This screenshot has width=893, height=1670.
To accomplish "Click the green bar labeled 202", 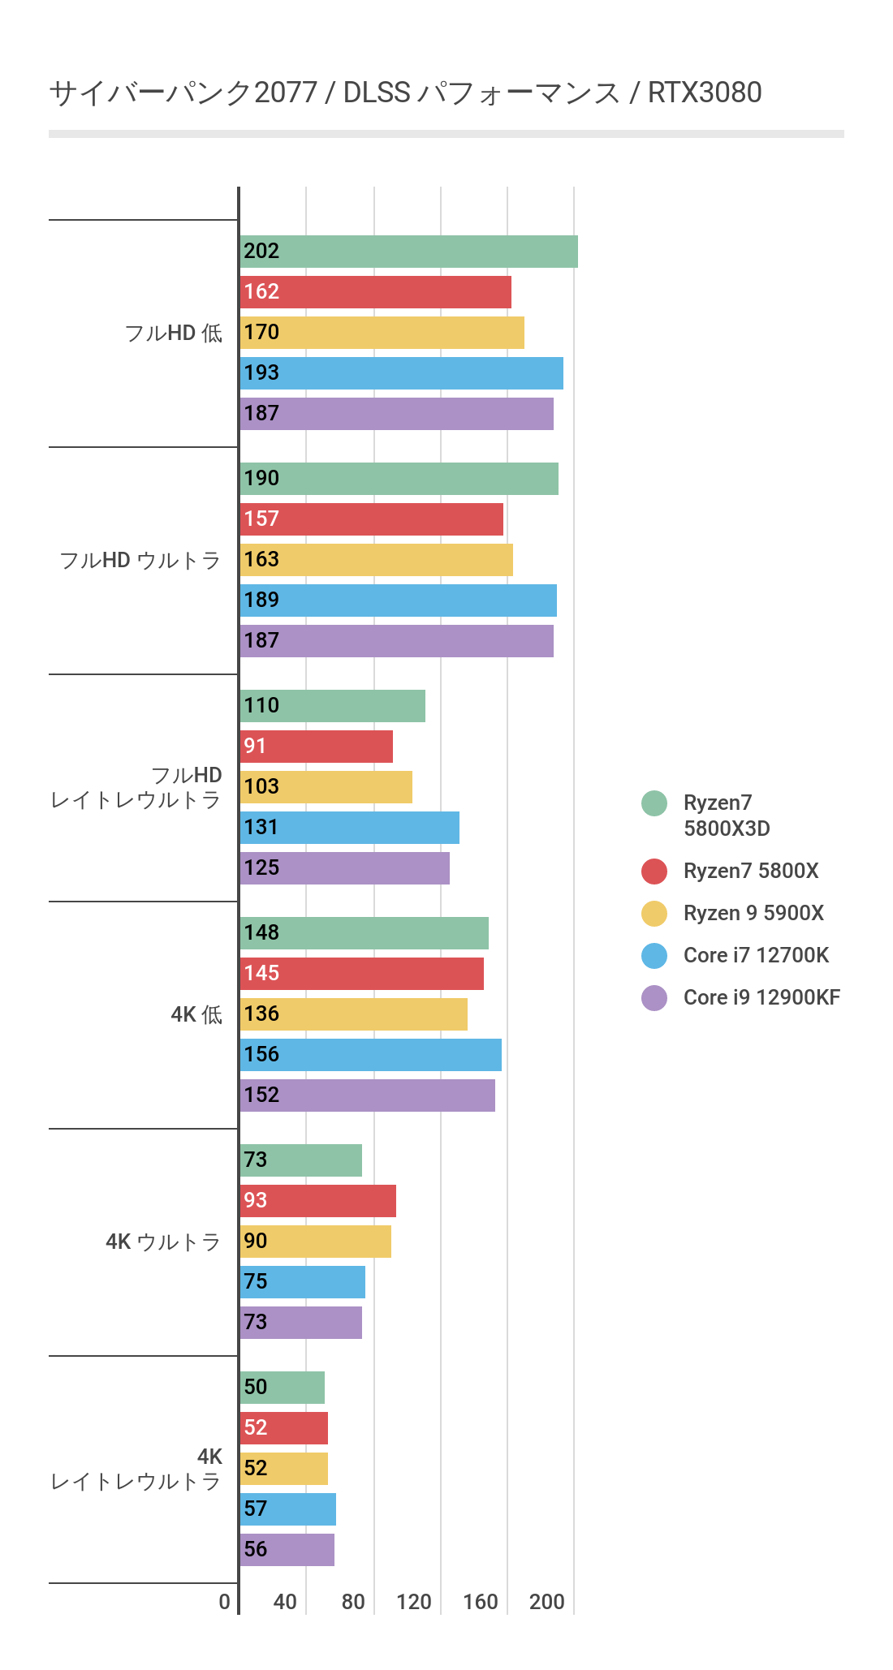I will coord(408,252).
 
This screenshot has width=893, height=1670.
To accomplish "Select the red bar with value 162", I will coord(375,292).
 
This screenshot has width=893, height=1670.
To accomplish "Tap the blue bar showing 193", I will coord(401,373).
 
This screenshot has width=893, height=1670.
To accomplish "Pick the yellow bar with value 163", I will coord(376,560).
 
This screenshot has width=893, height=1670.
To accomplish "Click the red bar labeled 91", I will coord(317,747).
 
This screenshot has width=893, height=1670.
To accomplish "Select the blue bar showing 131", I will coord(349,828).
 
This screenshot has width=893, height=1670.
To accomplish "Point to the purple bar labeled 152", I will coord(367,1095).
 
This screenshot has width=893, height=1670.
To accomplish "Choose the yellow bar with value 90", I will coord(315,1242).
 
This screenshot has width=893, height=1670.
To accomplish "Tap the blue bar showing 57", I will coord(287,1509).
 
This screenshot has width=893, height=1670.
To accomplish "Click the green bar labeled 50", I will coord(282,1388).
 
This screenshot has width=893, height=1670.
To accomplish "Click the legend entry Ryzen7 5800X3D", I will coord(726,816).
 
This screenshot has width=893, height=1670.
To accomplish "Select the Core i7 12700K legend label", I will coord(756,955).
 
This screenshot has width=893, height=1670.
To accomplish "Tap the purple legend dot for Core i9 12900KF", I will coord(654,997).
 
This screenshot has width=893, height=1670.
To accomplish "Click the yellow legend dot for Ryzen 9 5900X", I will coord(654,913).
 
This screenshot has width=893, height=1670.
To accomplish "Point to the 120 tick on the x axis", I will coord(414,1602).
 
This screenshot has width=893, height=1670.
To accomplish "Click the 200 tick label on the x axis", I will coord(547,1602).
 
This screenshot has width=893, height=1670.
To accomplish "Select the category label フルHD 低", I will coord(173,333).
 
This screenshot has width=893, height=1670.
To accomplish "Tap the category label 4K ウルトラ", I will coord(162,1242).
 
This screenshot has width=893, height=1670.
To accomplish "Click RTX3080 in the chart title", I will coord(705,93).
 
